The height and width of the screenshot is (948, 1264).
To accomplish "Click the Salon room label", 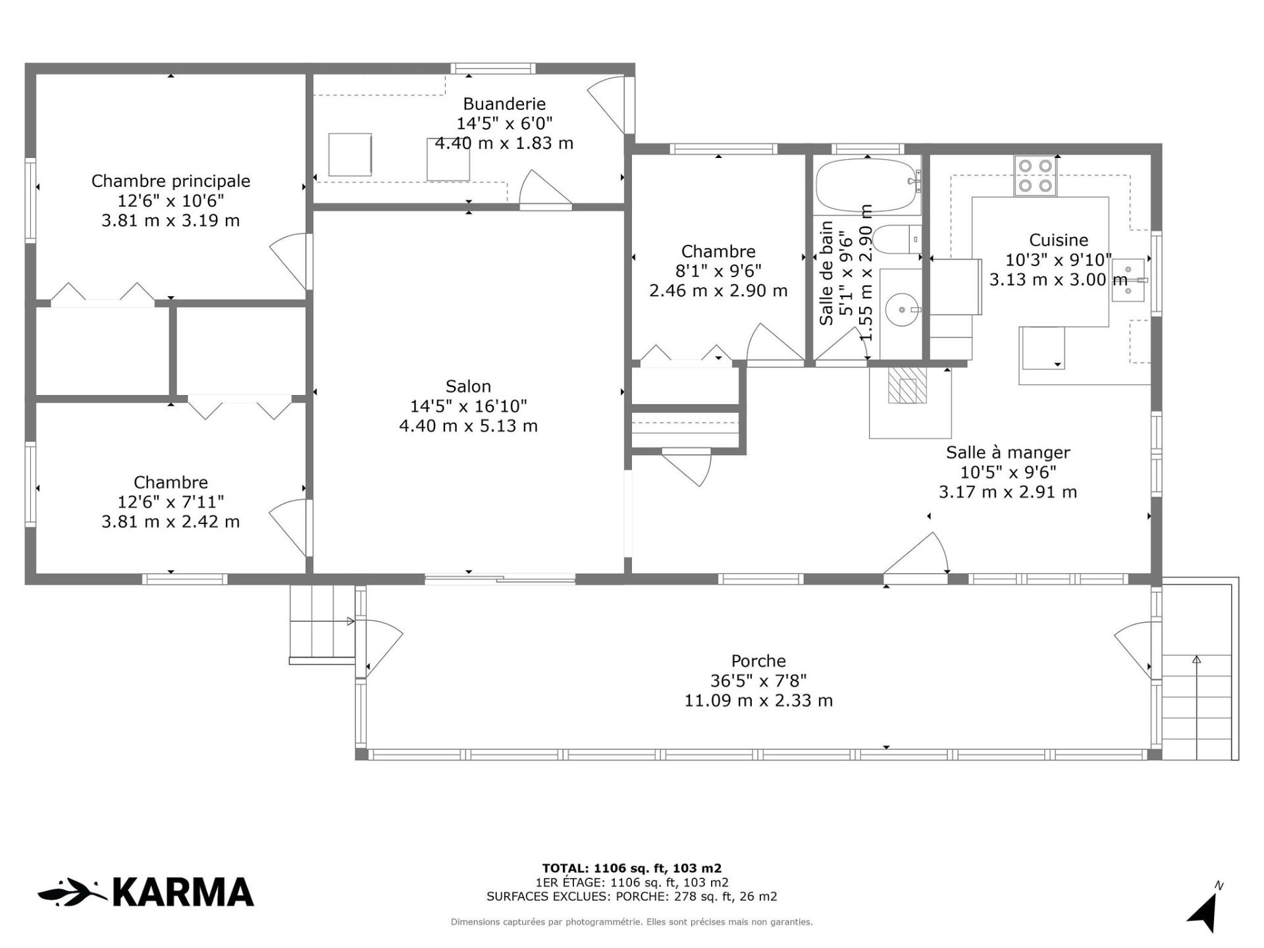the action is (x=468, y=386).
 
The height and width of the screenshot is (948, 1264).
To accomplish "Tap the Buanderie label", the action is (x=504, y=103).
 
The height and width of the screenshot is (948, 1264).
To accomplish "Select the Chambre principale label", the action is (x=171, y=181).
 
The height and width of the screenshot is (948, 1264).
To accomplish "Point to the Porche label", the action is (x=758, y=661).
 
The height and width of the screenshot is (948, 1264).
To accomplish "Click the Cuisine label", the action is (x=1059, y=240).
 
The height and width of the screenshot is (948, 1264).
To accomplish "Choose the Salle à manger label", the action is (x=1008, y=453).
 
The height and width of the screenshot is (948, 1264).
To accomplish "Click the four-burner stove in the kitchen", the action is (x=1036, y=176).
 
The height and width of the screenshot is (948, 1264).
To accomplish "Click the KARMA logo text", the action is (x=183, y=892).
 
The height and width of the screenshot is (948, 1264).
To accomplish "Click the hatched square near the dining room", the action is (x=907, y=384).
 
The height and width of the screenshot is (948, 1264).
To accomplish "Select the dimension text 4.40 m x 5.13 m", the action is (x=468, y=426).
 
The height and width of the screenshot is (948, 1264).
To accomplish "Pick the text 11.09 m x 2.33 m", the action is (x=758, y=700).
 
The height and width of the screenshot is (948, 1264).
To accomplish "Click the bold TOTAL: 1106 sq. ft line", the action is (x=632, y=868).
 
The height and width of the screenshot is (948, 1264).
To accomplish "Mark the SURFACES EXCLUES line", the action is (x=632, y=897).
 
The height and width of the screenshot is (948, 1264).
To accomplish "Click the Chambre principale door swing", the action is (x=290, y=261).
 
